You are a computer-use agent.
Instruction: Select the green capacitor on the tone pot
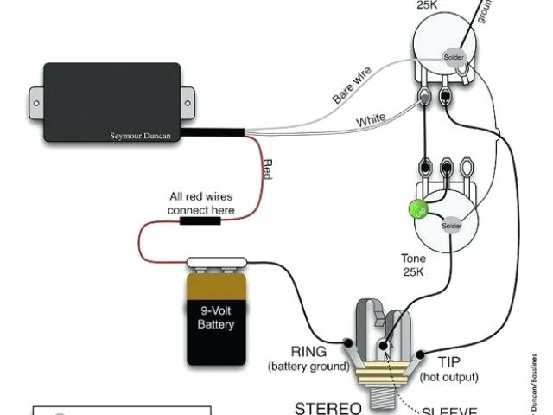pyautogui.click(x=417, y=210)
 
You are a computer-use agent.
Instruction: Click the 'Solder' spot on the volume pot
pyautogui.click(x=454, y=57)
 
